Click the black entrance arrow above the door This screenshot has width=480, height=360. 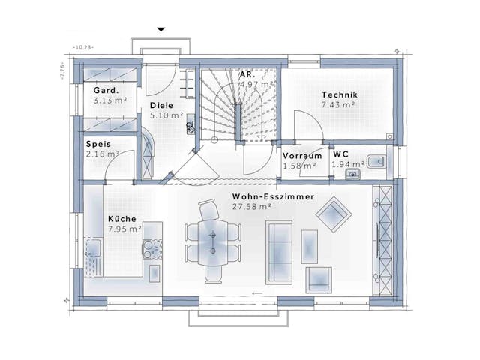pyautogui.click(x=160, y=30)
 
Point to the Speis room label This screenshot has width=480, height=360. pyautogui.click(x=99, y=145)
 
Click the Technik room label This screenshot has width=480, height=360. pyautogui.click(x=340, y=94)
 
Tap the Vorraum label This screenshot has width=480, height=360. pyautogui.click(x=302, y=156)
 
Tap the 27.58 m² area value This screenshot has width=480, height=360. pyautogui.click(x=255, y=206)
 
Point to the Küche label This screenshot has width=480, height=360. pyautogui.click(x=121, y=219)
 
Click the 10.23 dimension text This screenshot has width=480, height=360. pyautogui.click(x=82, y=48)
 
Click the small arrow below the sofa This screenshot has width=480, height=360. pyautogui.click(x=257, y=291)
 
